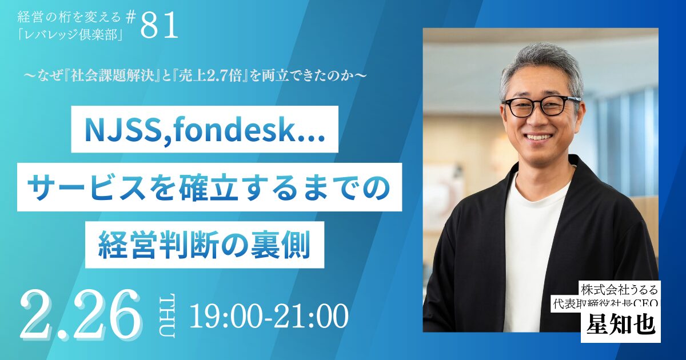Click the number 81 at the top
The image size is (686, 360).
pyautogui.click(x=159, y=26)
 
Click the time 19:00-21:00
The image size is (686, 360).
pyautogui.click(x=269, y=316)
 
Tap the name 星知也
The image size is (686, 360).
pyautogui.click(x=620, y=326)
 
